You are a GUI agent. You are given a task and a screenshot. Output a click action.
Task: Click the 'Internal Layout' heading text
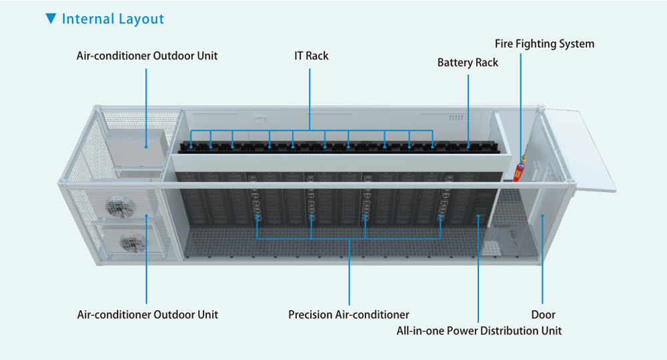(x=113, y=19)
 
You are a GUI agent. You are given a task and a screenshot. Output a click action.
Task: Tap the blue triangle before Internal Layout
(x=51, y=19)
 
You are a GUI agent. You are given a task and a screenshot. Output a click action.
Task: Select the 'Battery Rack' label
(x=468, y=63)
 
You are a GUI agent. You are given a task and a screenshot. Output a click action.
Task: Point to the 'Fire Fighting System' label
(x=544, y=44)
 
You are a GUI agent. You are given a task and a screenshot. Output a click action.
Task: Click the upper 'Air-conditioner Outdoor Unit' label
(x=147, y=56)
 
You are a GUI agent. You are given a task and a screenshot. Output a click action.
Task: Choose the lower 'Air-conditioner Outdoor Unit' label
(x=147, y=314)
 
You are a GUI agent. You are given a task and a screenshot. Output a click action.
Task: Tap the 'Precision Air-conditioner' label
(x=349, y=314)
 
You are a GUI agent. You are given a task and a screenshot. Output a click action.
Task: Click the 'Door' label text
(x=543, y=314)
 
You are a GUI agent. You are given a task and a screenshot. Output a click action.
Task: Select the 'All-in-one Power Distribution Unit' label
(x=479, y=331)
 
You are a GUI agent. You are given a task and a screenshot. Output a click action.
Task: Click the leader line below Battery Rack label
(x=468, y=107)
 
